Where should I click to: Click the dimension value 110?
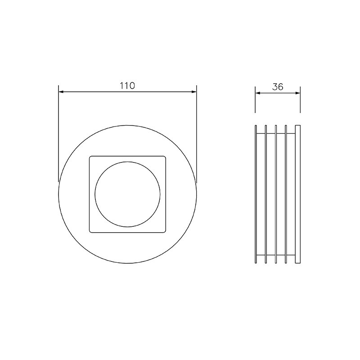pos(127,85)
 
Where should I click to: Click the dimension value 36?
pos(278,87)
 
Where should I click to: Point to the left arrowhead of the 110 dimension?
pos(61,92)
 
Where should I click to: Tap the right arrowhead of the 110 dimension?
pos(194,92)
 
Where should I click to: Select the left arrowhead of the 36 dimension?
pos(258,93)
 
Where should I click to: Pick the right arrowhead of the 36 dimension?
pos(298,93)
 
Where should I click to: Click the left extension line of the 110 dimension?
pos(58,134)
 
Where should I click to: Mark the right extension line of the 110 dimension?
pos(197,134)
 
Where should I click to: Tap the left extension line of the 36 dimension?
pos(255,99)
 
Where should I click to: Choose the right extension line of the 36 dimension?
pos(300,99)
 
